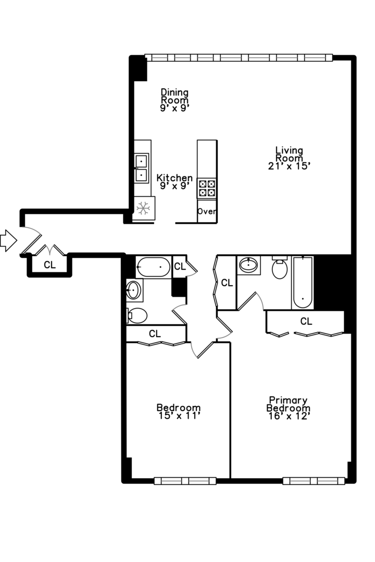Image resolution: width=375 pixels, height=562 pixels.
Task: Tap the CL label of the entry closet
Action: coord(49,265)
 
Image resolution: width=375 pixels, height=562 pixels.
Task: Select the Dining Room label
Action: coord(174,96)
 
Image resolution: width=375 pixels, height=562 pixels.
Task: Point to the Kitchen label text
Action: coord(174,178)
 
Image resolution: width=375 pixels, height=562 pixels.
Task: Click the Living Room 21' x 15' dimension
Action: coord(289,167)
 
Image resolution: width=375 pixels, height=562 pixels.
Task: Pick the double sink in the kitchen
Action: coord(141,168)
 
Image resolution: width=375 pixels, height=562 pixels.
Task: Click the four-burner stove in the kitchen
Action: coord(207,188)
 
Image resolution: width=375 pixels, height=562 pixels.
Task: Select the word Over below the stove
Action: coord(207,212)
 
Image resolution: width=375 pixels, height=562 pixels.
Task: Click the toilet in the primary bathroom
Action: coord(280,269)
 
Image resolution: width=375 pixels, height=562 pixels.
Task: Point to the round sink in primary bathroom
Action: coord(249,265)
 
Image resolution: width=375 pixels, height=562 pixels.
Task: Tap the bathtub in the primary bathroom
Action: coord(303,284)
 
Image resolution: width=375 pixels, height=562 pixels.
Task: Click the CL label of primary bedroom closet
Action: coord(306,322)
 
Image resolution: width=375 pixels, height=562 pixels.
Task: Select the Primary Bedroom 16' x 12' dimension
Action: coord(289,416)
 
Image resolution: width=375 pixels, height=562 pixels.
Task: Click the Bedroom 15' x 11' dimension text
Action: coord(179,416)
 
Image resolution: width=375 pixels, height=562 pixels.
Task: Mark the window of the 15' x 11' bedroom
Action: coord(185,481)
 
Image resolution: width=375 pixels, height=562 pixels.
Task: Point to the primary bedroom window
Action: coord(314,481)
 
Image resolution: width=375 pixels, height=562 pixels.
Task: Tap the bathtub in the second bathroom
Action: coord(153,267)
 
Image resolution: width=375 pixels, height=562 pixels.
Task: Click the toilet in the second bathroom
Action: coord(137,315)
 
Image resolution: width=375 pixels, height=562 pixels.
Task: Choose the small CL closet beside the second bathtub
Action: coord(180,266)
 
